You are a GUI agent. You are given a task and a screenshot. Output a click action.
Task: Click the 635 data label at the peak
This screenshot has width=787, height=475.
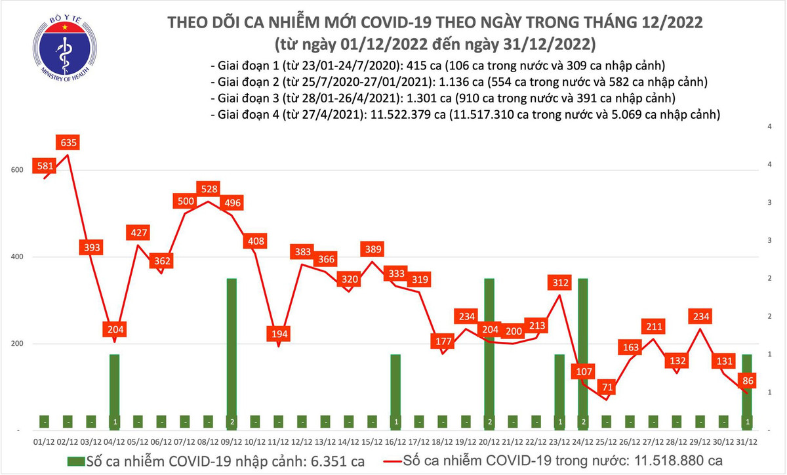point(68,143)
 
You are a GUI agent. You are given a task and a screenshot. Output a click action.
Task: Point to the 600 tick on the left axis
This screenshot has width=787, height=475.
point(18,170)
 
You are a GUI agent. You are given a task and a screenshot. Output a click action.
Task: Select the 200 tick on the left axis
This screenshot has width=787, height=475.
point(18,344)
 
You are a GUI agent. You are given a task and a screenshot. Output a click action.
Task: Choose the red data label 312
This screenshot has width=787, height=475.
point(559,283)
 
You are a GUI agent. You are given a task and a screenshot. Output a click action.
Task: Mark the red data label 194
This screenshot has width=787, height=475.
point(279,334)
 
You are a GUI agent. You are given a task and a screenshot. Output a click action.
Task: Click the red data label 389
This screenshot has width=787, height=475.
point(372,249)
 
